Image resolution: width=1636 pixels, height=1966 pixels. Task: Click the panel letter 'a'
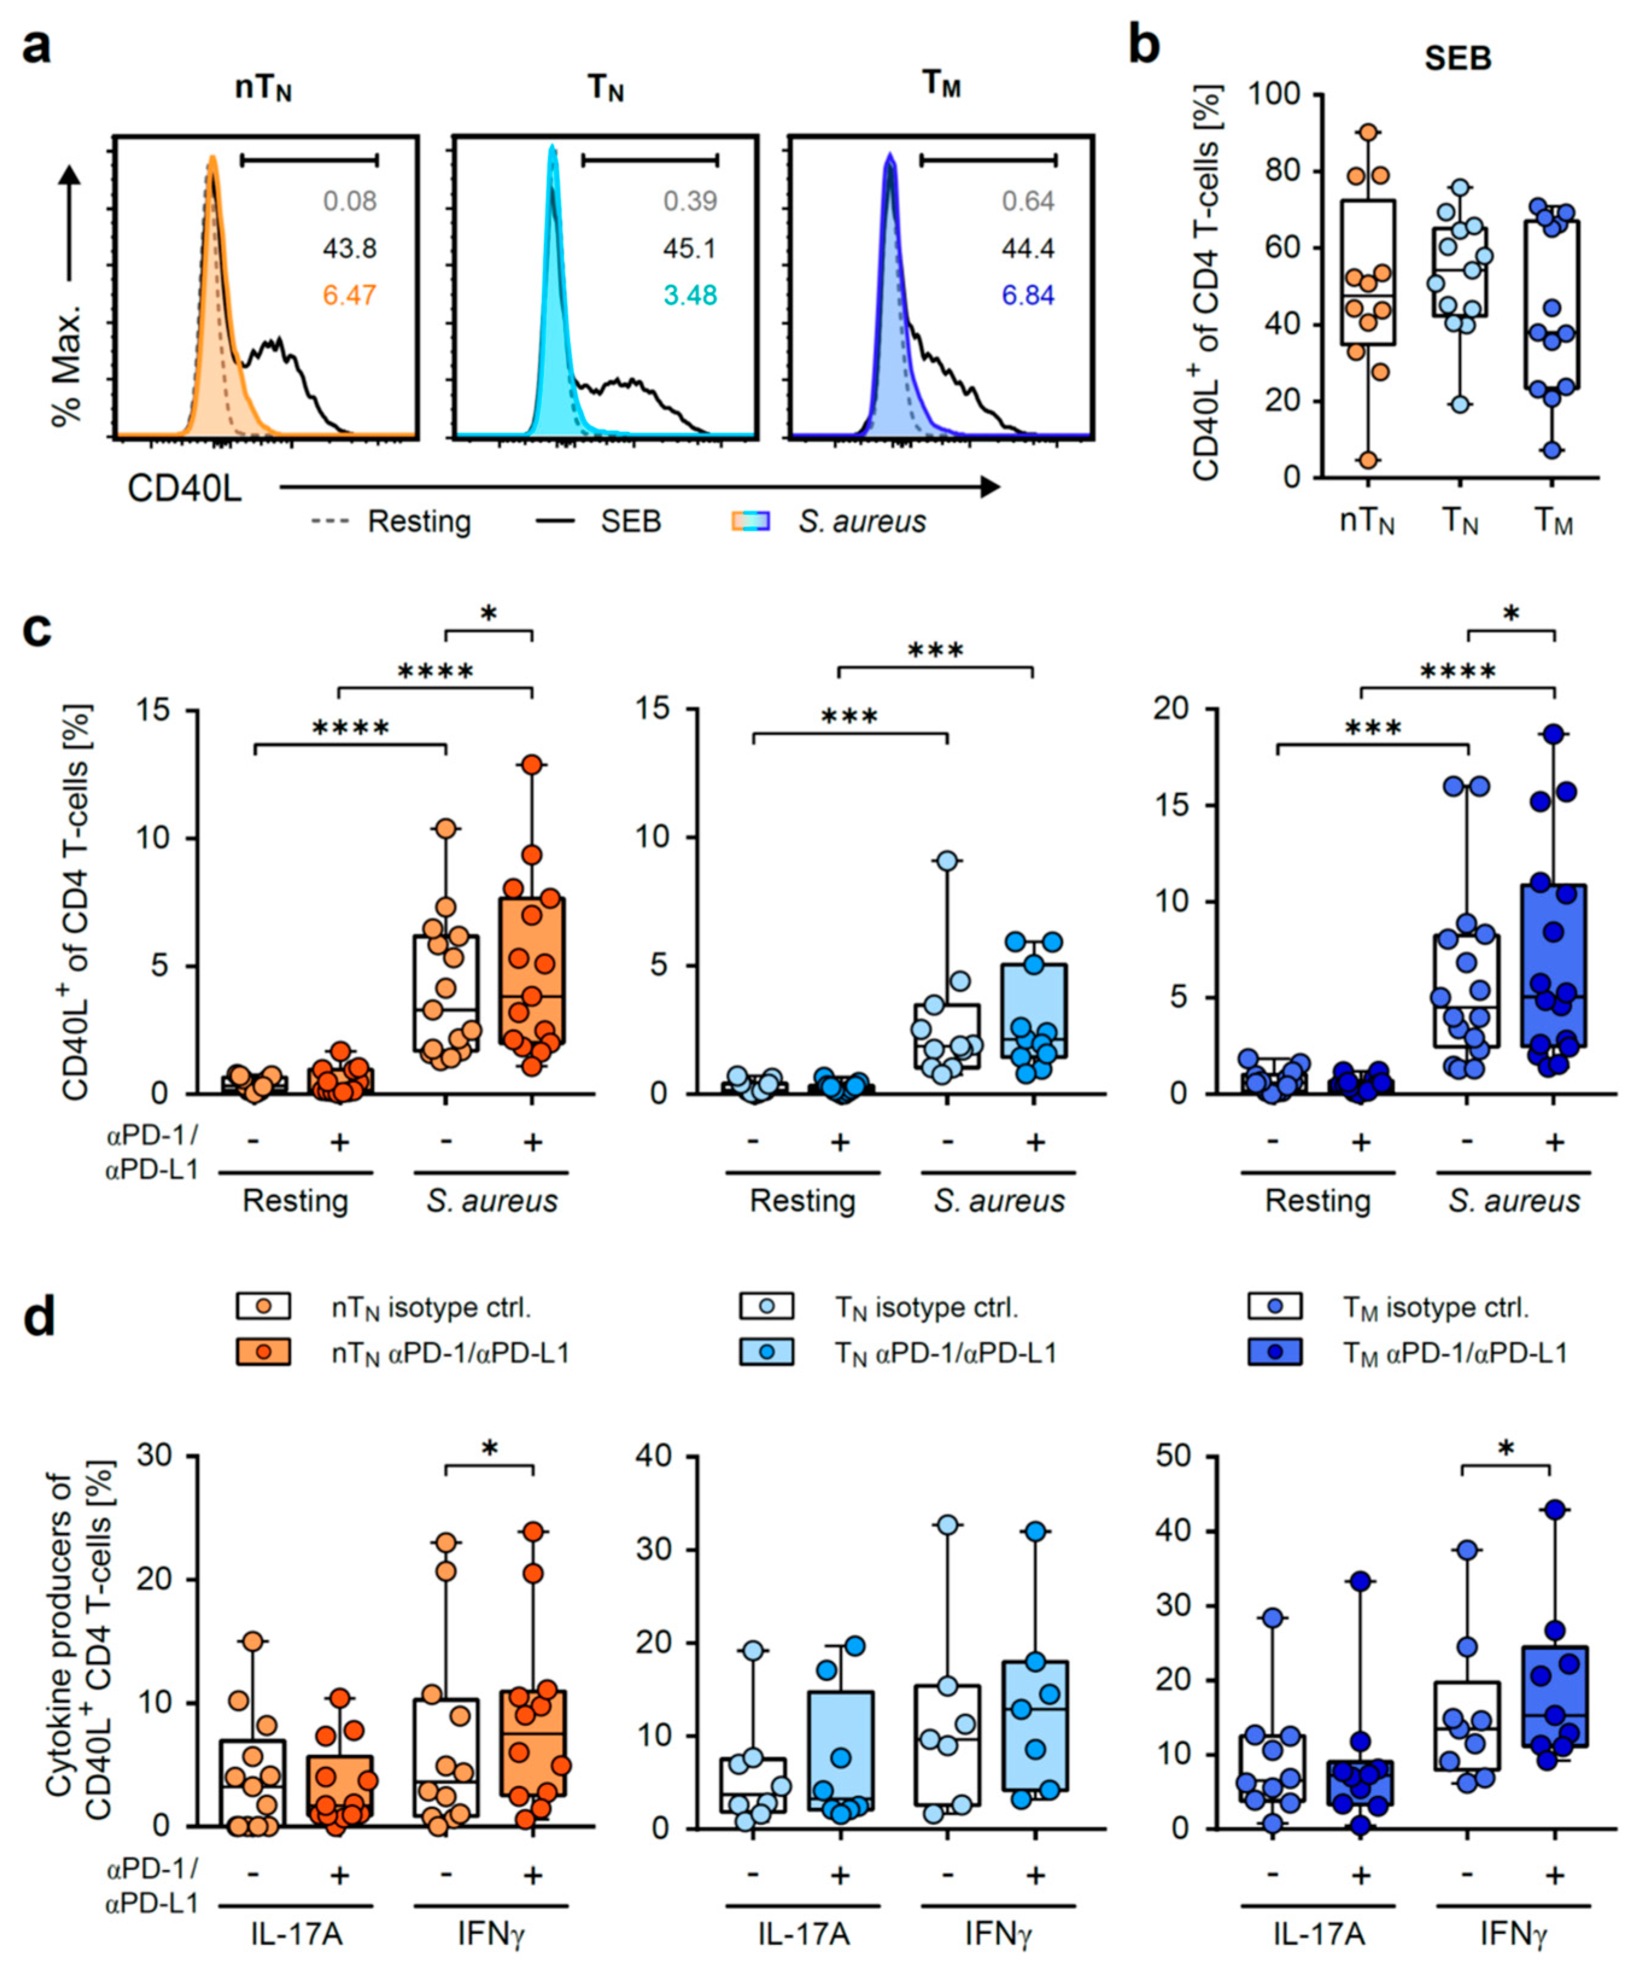pyautogui.click(x=37, y=47)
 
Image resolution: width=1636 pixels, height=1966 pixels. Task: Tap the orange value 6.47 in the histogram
pyautogui.click(x=349, y=296)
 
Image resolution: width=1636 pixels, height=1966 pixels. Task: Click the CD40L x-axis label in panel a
pyautogui.click(x=185, y=489)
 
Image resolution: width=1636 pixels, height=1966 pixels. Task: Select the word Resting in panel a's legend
pyautogui.click(x=418, y=521)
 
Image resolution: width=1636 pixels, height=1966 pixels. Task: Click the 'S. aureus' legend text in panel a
pyautogui.click(x=861, y=521)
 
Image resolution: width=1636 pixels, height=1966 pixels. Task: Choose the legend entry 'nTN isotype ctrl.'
pyautogui.click(x=431, y=1308)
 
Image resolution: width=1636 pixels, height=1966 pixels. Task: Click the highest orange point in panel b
pyautogui.click(x=1368, y=132)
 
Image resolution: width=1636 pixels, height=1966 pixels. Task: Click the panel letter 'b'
pyautogui.click(x=1146, y=47)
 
